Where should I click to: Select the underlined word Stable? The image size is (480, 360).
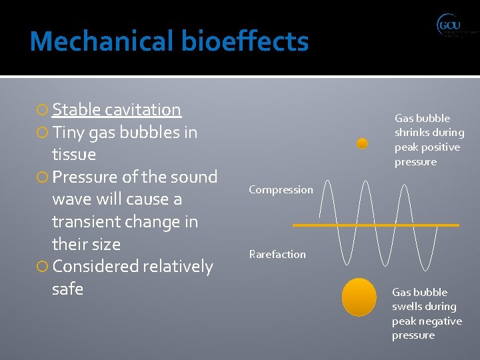pos(77,110)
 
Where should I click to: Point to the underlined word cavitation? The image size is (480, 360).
pos(143,110)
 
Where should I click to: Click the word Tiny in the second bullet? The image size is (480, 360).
pos(68,133)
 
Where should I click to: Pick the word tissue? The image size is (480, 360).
pos(74,155)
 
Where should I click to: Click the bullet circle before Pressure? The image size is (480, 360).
pos(43,178)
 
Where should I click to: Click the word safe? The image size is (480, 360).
pos(67,289)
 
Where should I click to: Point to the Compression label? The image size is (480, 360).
pos(281,190)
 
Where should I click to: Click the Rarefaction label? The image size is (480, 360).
pos(277,254)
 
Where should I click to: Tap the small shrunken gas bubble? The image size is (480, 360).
pos(362,143)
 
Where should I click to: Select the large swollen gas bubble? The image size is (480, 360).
pos(359,297)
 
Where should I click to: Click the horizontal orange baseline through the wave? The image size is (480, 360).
pos(375,225)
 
